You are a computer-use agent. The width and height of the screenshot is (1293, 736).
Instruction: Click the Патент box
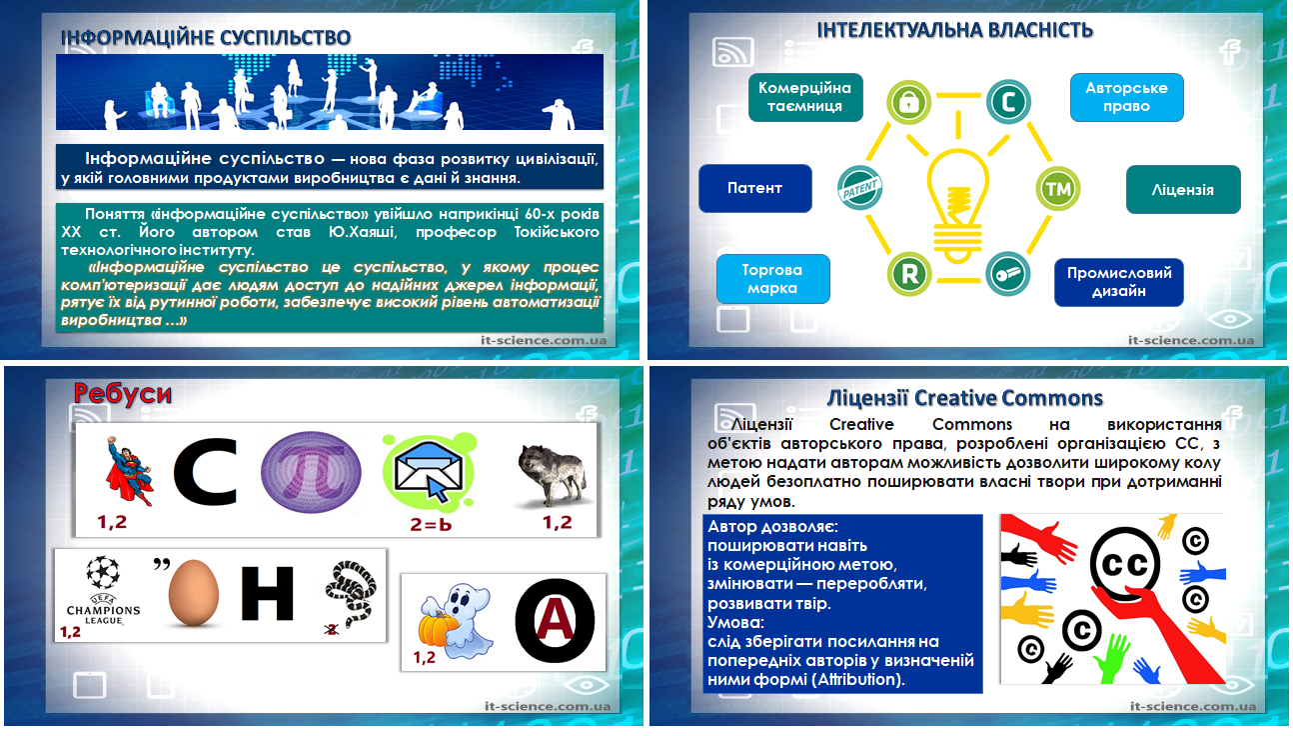tap(755, 188)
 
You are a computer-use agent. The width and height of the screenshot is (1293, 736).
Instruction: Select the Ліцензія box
tap(1183, 189)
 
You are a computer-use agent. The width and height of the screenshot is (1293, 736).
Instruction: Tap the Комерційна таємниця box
tap(805, 97)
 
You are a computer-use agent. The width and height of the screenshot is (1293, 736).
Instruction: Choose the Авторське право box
tap(1126, 97)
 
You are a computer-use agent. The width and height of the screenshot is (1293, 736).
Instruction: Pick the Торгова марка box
tap(773, 278)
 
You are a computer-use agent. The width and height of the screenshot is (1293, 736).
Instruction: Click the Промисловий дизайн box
tap(1119, 282)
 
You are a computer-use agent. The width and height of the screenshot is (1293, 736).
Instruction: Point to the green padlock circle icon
tap(908, 102)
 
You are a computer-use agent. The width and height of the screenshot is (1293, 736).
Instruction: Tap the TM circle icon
tap(1057, 188)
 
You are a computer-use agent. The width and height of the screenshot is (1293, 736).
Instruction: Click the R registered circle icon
tap(909, 274)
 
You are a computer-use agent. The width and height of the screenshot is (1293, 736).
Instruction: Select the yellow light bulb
tap(957, 205)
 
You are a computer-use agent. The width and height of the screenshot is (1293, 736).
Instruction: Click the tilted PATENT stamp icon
tap(859, 188)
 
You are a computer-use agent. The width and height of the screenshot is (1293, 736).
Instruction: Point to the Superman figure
tap(129, 471)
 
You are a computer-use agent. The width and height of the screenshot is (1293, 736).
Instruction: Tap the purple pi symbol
tap(311, 473)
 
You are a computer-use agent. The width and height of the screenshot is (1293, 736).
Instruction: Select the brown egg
tap(193, 592)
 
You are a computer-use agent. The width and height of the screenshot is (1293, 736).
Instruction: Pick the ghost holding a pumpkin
tap(456, 621)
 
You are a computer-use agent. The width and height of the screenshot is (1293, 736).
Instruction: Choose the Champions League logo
tap(103, 590)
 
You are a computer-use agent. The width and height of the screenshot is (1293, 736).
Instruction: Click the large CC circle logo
tap(1125, 565)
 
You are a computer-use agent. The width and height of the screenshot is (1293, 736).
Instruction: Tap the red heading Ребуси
tap(123, 394)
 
